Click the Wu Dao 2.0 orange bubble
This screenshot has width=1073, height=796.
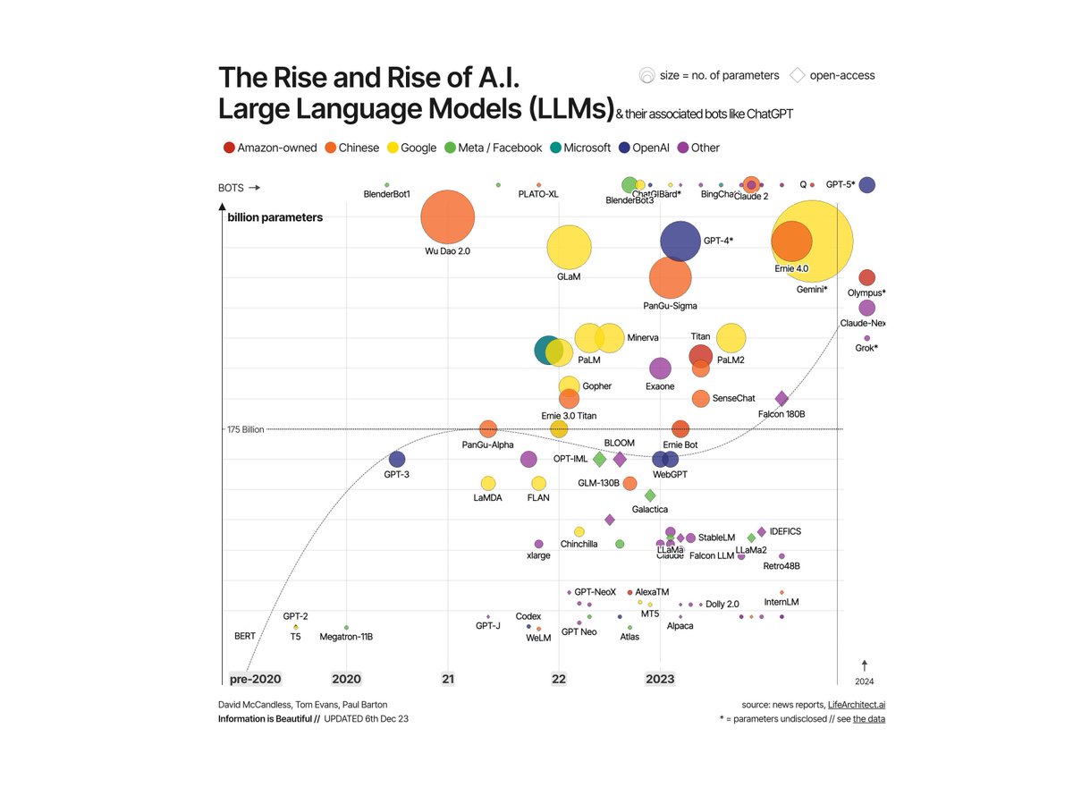click(447, 217)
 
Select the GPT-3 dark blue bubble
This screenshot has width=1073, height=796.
click(397, 459)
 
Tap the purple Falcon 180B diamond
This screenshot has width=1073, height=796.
click(782, 399)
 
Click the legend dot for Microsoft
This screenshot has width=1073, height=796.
click(555, 148)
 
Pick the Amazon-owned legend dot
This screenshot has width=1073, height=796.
click(228, 148)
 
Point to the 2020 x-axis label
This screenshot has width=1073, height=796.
click(346, 680)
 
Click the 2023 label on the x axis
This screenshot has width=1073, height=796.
click(660, 680)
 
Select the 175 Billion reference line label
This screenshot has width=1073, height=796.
click(246, 430)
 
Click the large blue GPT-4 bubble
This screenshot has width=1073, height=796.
click(680, 241)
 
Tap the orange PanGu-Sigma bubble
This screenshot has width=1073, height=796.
click(670, 278)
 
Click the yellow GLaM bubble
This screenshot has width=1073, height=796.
click(569, 248)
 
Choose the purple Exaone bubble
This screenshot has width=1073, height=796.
click(660, 368)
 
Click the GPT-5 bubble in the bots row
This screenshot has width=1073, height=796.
click(866, 185)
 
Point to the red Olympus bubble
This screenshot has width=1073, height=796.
click(866, 278)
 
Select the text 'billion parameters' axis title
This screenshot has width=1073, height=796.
click(275, 217)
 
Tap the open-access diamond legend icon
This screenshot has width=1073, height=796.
click(797, 75)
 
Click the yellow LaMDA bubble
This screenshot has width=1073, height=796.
click(488, 483)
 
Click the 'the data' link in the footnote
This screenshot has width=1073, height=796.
click(868, 719)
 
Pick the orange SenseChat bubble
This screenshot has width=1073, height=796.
click(700, 398)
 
